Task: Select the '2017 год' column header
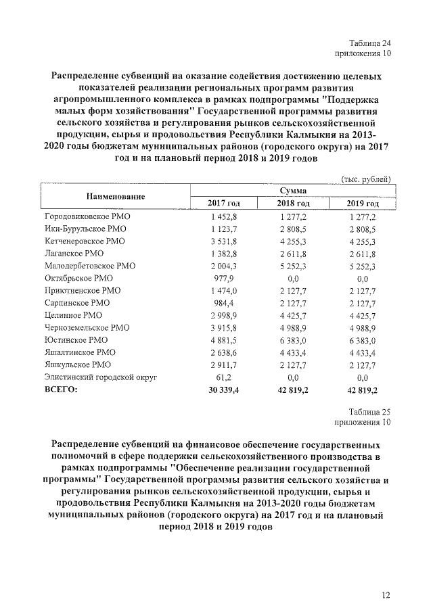point(224,204)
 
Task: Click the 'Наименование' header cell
point(116,196)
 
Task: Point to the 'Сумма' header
point(293,191)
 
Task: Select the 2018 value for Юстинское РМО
point(294,340)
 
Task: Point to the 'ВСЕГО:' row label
point(61,390)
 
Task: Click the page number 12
point(386,595)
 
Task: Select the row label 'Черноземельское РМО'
point(87,328)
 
